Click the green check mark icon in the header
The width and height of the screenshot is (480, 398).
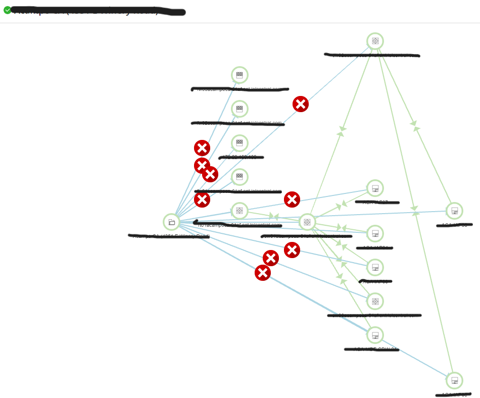pyautogui.click(x=8, y=10)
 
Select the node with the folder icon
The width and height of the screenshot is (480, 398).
pyautogui.click(x=171, y=222)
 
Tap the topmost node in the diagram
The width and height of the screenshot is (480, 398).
pyautogui.click(x=375, y=41)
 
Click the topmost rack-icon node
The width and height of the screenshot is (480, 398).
pyautogui.click(x=239, y=75)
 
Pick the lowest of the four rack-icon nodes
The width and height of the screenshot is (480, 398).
pyautogui.click(x=239, y=177)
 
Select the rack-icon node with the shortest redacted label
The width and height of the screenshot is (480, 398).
pyautogui.click(x=239, y=143)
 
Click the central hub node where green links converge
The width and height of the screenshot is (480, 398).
pyautogui.click(x=307, y=222)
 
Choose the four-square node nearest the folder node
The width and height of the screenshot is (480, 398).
pyautogui.click(x=239, y=211)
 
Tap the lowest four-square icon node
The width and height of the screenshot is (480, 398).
pyautogui.click(x=375, y=302)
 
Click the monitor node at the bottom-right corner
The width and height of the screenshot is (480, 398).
pyautogui.click(x=454, y=380)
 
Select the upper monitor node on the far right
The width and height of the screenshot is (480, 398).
pyautogui.click(x=454, y=211)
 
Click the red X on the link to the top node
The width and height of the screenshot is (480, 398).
pyautogui.click(x=301, y=104)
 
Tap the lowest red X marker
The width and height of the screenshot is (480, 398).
pyautogui.click(x=263, y=273)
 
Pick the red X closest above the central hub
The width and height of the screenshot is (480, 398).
pyautogui.click(x=292, y=200)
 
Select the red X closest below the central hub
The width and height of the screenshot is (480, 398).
pyautogui.click(x=292, y=250)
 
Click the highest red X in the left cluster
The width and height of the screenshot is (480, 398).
pyautogui.click(x=202, y=148)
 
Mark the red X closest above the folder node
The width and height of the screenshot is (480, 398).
pyautogui.click(x=202, y=200)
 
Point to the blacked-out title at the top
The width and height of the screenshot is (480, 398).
pyautogui.click(x=99, y=11)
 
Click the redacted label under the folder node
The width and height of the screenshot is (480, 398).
pyautogui.click(x=169, y=236)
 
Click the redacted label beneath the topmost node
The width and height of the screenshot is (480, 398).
pyautogui.click(x=372, y=55)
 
